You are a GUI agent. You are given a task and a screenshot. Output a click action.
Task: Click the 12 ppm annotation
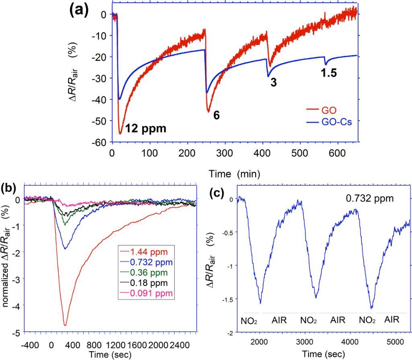click(145, 129)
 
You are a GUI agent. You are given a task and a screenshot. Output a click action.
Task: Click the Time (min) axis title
click(234, 174)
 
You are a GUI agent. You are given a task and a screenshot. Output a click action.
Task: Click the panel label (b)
click(9, 187)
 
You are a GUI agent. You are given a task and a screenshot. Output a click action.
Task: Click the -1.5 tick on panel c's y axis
click(227, 299)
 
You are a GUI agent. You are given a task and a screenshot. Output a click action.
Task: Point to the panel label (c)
click(217, 193)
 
